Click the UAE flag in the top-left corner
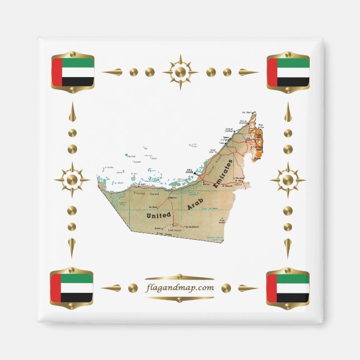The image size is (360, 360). click(x=73, y=72)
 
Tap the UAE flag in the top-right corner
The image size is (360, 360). click(x=288, y=72)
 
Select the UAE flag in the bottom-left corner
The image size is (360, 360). click(x=72, y=288)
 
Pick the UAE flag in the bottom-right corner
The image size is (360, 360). click(x=288, y=288)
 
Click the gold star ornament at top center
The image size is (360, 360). click(x=180, y=72)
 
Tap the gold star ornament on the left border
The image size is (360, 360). click(x=72, y=180)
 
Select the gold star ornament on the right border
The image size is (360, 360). click(x=287, y=180)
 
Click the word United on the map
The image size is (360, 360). click(x=158, y=214)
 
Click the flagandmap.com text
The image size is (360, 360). click(x=179, y=288)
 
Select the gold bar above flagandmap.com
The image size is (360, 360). click(x=179, y=278)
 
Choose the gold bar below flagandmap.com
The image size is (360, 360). click(x=179, y=298)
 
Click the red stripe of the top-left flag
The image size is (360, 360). click(x=56, y=72)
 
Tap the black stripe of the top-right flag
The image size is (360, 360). click(x=293, y=82)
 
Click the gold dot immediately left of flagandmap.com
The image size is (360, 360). click(x=132, y=288)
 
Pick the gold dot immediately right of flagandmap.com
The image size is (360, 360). click(x=226, y=288)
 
